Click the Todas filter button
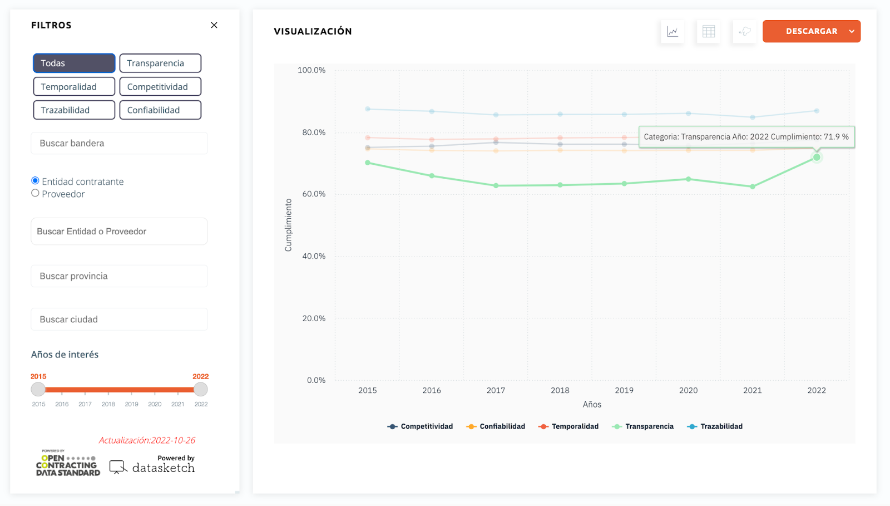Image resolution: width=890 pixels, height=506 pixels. pyautogui.click(x=74, y=63)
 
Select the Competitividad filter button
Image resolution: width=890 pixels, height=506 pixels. pyautogui.click(x=160, y=87)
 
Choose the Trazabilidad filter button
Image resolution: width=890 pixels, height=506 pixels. pyautogui.click(x=74, y=110)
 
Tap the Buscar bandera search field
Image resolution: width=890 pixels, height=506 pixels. pyautogui.click(x=119, y=143)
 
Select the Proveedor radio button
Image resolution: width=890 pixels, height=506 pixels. pyautogui.click(x=36, y=193)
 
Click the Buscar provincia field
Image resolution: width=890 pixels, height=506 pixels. pyautogui.click(x=119, y=276)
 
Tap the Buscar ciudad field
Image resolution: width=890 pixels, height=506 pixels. pyautogui.click(x=119, y=320)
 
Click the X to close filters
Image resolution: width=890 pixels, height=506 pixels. pyautogui.click(x=214, y=25)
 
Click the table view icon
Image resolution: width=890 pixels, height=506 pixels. pyautogui.click(x=709, y=32)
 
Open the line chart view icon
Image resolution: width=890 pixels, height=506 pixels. pyautogui.click(x=673, y=32)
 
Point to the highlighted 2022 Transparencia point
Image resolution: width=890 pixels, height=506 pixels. pyautogui.click(x=817, y=158)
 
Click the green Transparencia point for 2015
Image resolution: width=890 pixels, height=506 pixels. pyautogui.click(x=368, y=163)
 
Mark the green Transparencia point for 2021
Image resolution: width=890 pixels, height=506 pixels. pyautogui.click(x=753, y=186)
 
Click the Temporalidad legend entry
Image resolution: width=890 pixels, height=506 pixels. pyautogui.click(x=569, y=426)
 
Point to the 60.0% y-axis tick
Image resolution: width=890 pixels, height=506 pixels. pyautogui.click(x=314, y=194)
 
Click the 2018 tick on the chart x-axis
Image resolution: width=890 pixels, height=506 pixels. pyautogui.click(x=560, y=390)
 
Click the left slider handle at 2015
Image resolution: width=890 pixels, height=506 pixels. pyautogui.click(x=38, y=389)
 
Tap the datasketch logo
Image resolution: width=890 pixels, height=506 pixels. pyautogui.click(x=152, y=467)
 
